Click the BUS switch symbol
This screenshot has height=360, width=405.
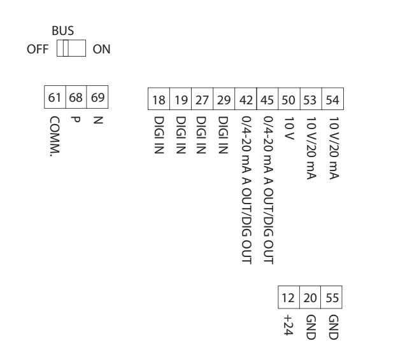pyautogui.click(x=72, y=50)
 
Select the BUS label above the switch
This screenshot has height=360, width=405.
pyautogui.click(x=68, y=31)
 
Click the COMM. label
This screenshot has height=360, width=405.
pyautogui.click(x=54, y=136)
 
